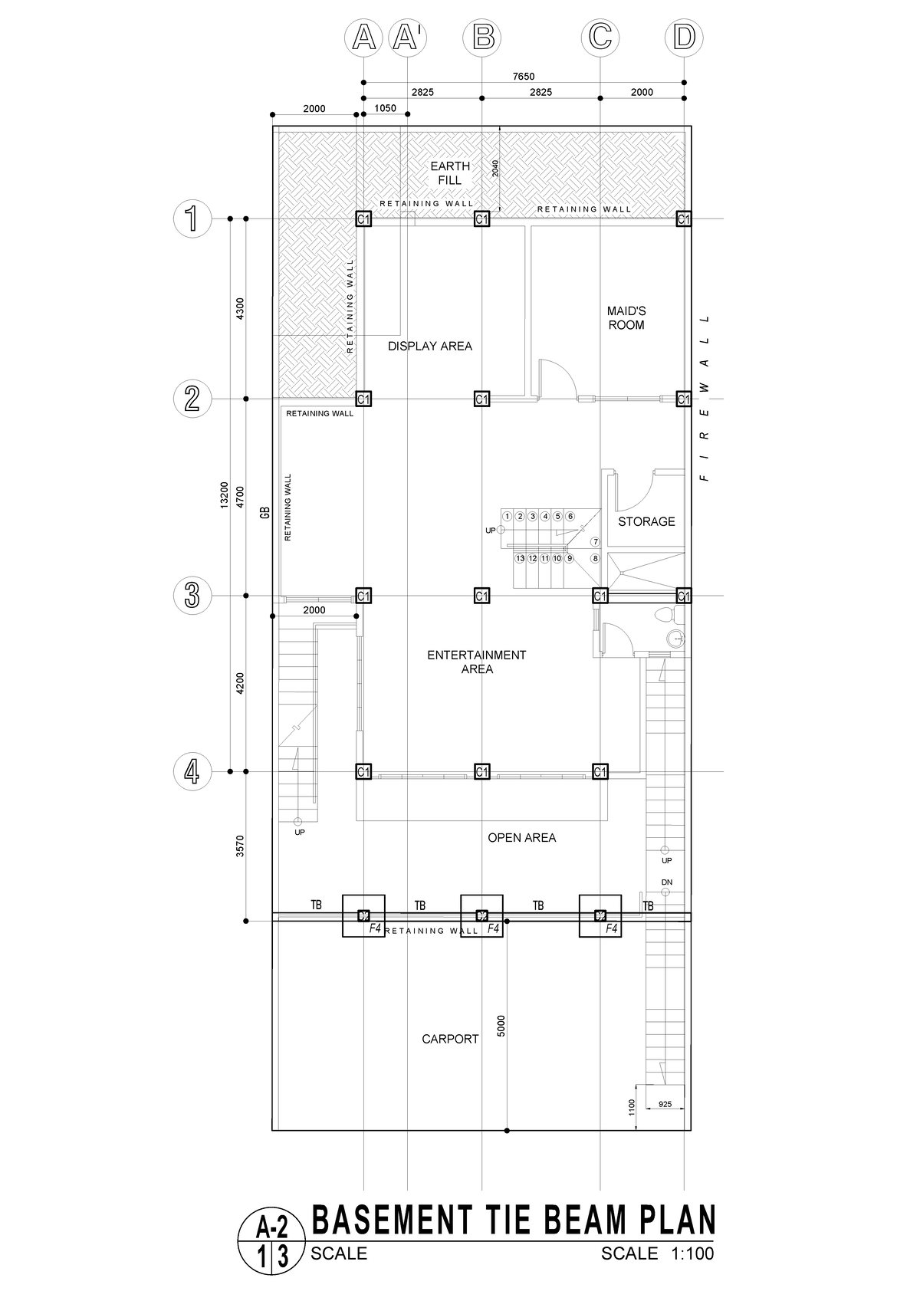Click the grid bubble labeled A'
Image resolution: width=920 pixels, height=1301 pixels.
pyautogui.click(x=407, y=37)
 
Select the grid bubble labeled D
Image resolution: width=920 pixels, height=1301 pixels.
pyautogui.click(x=684, y=37)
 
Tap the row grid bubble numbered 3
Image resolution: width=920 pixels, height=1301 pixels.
pyautogui.click(x=192, y=596)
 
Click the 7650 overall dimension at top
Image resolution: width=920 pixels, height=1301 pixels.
pyautogui.click(x=524, y=76)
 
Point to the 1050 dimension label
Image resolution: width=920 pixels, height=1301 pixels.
pyautogui.click(x=385, y=108)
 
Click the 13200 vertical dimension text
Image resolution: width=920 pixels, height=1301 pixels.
pyautogui.click(x=224, y=494)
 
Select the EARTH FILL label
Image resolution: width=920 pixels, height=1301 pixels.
pyautogui.click(x=450, y=172)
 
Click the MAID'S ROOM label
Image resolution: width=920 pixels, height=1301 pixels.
pyautogui.click(x=626, y=317)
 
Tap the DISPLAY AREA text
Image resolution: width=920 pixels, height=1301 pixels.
pyautogui.click(x=429, y=346)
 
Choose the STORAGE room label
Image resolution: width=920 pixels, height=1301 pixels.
pyautogui.click(x=646, y=521)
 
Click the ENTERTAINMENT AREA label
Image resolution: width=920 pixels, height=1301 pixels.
pyautogui.click(x=476, y=662)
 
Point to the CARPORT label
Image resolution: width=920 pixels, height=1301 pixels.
pyautogui.click(x=450, y=1039)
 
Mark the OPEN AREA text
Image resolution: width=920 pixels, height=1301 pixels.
pyautogui.click(x=521, y=837)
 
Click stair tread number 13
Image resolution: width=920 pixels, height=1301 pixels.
pyautogui.click(x=520, y=558)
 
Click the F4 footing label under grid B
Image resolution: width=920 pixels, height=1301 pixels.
pyautogui.click(x=493, y=928)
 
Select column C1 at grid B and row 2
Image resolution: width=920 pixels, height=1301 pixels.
pyautogui.click(x=481, y=399)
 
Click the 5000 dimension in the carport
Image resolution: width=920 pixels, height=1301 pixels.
pyautogui.click(x=501, y=1026)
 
